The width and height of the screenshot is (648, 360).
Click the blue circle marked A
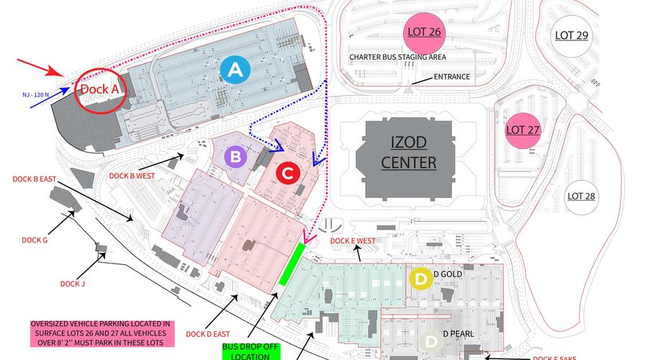pos(235,70)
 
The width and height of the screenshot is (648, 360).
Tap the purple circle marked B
pos(235,156)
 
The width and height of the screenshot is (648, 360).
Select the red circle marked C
pos(287,174)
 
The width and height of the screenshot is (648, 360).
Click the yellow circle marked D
pos(420,278)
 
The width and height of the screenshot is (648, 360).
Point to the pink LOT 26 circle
pos(424,32)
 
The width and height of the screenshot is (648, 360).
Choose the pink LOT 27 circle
pos(523,130)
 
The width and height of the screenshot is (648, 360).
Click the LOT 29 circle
pos(572,35)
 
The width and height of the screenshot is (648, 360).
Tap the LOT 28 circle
pos(582,196)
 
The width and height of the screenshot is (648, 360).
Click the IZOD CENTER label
pos(408,153)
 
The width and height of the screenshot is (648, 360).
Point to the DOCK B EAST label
pos(34,179)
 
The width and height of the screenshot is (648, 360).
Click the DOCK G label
pos(35,240)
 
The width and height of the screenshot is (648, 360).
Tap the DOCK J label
pos(73,284)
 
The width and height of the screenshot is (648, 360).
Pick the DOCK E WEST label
pos(352,241)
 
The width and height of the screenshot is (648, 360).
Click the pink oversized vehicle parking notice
pos(100,333)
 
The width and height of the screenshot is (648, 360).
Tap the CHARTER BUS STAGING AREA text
pos(397,57)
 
